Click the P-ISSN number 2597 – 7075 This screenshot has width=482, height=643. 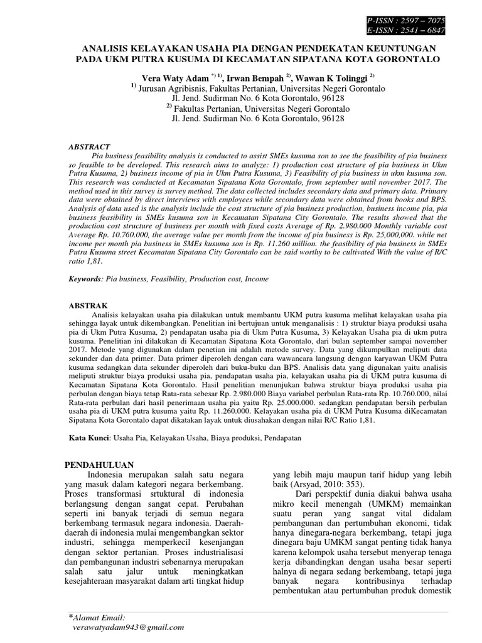[x=423, y=21]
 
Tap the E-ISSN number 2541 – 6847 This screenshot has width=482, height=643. [x=423, y=30]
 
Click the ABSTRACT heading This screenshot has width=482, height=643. [x=89, y=146]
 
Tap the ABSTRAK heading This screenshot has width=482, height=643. [x=88, y=305]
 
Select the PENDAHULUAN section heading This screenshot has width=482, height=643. [x=100, y=465]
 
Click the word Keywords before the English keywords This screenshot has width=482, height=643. [x=84, y=278]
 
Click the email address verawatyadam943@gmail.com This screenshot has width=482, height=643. [x=129, y=627]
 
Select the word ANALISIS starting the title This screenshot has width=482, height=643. [x=105, y=48]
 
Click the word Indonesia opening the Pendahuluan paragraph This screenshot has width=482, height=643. [x=110, y=475]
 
